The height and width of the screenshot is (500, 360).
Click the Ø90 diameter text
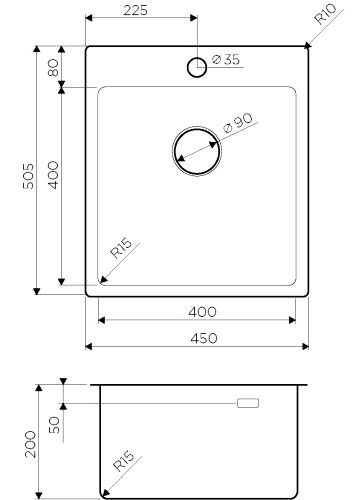pos(237,126)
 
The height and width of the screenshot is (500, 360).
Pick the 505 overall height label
pos(29,174)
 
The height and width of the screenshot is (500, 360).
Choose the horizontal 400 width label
pos(202,312)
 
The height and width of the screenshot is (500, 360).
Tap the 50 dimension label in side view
pos(52,423)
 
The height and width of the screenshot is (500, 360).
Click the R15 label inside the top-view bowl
pos(122,251)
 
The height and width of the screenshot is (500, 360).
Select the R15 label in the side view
pos(123,463)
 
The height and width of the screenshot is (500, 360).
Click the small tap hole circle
pos(197,67)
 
